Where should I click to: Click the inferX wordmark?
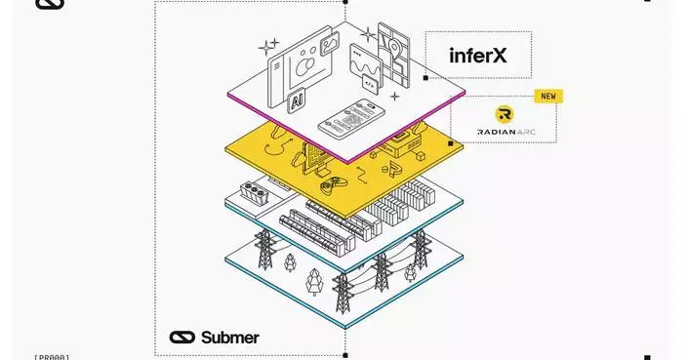coord(478,56)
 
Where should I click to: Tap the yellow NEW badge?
coord(548,96)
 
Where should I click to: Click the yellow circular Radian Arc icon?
coord(505,115)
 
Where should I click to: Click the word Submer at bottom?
coord(230,338)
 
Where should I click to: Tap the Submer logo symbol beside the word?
coord(182,338)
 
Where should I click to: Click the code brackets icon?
coord(370,85)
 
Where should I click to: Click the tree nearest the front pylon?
coord(315,283)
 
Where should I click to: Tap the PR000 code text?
coord(51,357)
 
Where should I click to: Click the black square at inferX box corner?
coord(425,77)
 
